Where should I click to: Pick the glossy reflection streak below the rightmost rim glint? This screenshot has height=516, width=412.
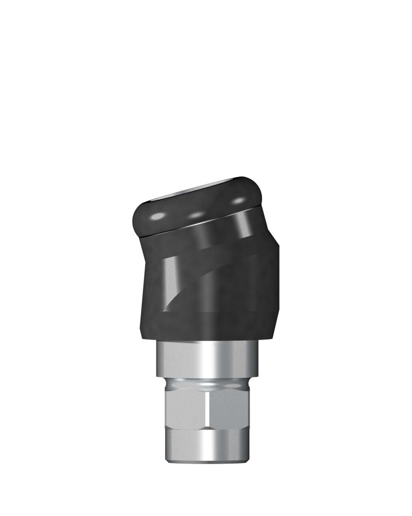pos(247,224)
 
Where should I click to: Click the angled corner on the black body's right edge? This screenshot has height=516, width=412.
pos(278,247)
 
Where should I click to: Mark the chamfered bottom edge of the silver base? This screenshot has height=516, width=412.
pos(206,460)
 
